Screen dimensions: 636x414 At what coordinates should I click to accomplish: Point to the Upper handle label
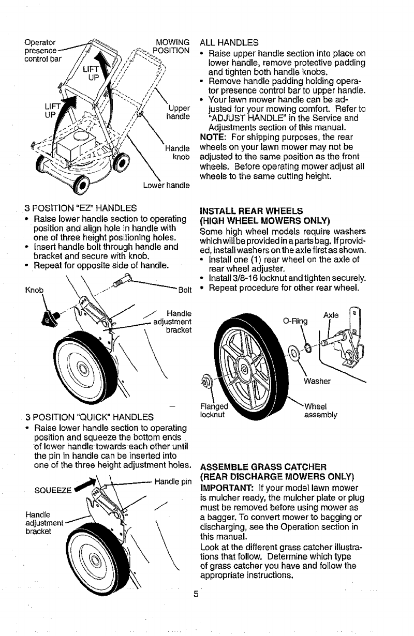pos(176,112)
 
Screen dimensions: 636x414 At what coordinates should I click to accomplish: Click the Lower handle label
pos(164,185)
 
